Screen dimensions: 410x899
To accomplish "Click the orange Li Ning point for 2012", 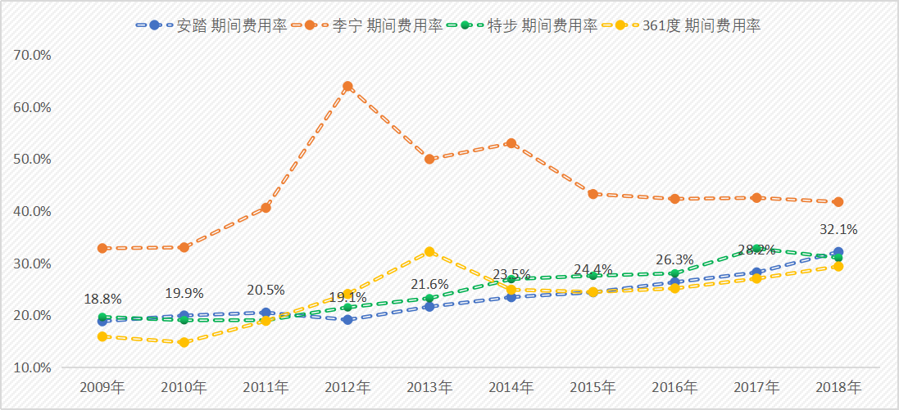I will click(x=347, y=86).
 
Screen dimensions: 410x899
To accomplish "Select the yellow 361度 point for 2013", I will click(x=429, y=252).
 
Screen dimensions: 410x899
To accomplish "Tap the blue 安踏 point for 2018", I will click(x=838, y=252).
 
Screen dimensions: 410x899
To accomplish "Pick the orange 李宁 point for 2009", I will click(x=102, y=248).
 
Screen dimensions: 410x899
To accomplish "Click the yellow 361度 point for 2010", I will click(x=184, y=342).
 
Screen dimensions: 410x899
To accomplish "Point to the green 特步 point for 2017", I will click(x=756, y=249).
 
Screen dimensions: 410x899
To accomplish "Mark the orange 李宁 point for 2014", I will click(x=511, y=143).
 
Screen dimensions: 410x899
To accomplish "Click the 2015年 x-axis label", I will click(x=593, y=387).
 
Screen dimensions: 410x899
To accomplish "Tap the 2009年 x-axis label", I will click(x=102, y=387).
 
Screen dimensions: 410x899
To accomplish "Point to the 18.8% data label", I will click(x=103, y=300).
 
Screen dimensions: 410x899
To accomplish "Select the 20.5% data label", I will click(x=266, y=291).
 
